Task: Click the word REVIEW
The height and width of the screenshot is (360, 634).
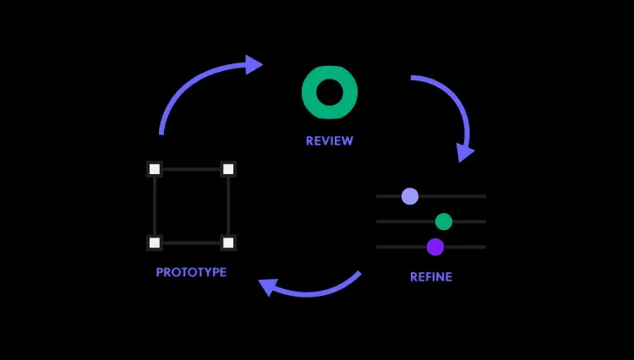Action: (x=330, y=140)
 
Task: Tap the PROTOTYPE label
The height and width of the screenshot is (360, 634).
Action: (x=191, y=272)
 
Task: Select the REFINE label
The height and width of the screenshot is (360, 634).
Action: (x=431, y=277)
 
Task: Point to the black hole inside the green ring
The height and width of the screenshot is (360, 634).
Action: (x=330, y=92)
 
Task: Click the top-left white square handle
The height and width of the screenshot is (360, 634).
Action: (x=155, y=169)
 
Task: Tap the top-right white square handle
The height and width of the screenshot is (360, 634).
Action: (x=228, y=169)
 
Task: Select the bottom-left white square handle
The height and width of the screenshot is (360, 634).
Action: (x=155, y=243)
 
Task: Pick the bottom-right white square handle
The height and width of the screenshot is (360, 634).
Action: (x=228, y=243)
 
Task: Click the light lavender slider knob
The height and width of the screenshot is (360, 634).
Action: (x=410, y=196)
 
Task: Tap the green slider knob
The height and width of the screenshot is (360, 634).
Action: (x=444, y=221)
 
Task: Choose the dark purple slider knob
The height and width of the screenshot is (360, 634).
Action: (x=435, y=247)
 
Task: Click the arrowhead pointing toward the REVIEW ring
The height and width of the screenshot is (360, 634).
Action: (x=254, y=64)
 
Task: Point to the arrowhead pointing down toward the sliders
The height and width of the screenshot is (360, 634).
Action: (x=465, y=152)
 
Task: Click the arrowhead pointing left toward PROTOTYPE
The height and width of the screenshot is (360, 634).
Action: (x=268, y=286)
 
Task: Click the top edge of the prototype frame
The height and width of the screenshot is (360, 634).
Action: (x=191, y=169)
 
